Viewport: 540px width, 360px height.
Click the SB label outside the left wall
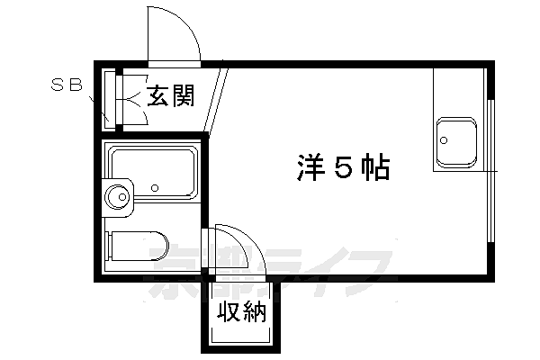point(66,86)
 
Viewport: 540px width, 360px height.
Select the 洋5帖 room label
point(343,167)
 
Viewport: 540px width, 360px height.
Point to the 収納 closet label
point(240,314)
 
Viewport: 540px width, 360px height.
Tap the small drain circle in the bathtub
point(155,189)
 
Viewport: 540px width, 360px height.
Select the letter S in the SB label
point(57,86)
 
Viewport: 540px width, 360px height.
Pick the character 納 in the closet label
point(253,314)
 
